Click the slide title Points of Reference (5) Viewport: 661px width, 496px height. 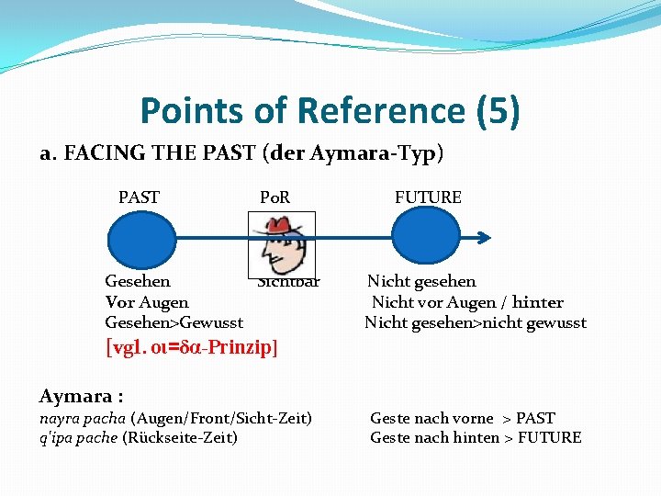click(330, 111)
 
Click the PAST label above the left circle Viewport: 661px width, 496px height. click(139, 197)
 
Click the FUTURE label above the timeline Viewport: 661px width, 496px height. click(428, 197)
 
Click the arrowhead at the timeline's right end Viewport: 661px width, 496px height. click(486, 240)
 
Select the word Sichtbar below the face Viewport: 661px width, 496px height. click(289, 283)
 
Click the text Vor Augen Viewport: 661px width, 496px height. click(147, 302)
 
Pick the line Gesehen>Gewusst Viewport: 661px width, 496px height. click(174, 322)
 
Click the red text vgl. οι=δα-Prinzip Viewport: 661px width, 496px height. click(192, 348)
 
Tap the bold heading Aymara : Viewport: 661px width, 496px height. click(81, 397)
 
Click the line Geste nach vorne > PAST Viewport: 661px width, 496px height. click(462, 418)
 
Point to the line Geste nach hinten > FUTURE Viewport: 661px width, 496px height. click(475, 438)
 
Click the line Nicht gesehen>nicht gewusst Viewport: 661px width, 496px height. click(475, 322)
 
